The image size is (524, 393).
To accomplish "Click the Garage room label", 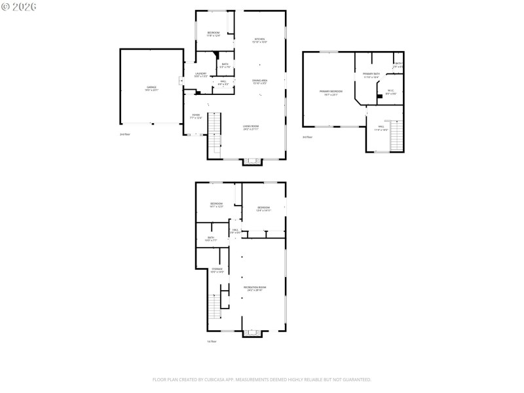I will pos(151,88).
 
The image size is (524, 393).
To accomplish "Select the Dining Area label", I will pos(260,82).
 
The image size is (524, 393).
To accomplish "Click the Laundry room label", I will pos(200,75).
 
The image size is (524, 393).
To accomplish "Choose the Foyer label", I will pos(195,116).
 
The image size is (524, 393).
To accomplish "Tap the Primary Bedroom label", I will pos(331,92).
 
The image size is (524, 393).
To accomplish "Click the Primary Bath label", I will pos(371,75).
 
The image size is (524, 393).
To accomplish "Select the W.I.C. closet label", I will pos(390,92).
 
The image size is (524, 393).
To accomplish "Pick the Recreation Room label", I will pos(253,289).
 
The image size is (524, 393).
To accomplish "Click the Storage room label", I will pos(217,270).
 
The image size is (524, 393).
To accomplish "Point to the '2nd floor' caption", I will pos(125,134).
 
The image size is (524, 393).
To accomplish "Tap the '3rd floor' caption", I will pos(307,137).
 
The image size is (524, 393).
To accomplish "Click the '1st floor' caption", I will pos(211,341).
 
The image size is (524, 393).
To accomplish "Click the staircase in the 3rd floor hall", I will pos(396,136).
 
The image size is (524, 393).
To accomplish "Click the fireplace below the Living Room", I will pos(252,160).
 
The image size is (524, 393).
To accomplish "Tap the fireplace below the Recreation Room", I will pos(252,332).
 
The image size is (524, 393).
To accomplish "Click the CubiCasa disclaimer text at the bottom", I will pos(261,379).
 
